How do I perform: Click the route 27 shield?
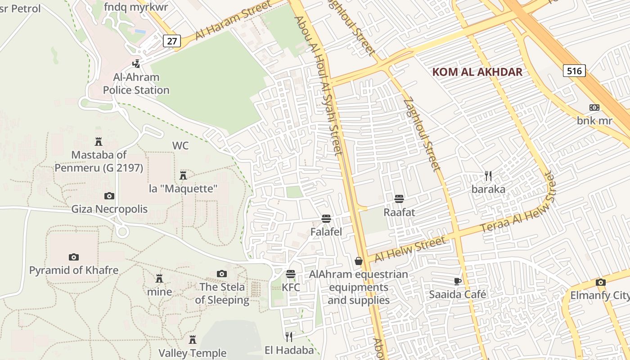(171, 41)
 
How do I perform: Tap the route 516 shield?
(574, 71)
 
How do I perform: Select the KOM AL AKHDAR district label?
(477, 72)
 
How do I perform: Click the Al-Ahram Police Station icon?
(136, 64)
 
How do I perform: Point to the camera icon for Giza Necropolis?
(109, 196)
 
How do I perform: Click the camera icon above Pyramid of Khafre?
(74, 257)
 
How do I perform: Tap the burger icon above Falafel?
(326, 219)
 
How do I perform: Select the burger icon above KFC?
(291, 274)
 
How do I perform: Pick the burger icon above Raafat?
(399, 198)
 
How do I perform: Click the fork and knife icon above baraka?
(488, 175)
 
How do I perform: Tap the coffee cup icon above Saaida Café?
(457, 281)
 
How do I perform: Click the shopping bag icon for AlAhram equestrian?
(359, 261)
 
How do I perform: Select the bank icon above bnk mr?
(594, 108)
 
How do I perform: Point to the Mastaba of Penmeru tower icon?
(99, 142)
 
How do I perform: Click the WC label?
(180, 146)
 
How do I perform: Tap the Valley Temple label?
(193, 353)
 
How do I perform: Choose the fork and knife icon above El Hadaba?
(289, 336)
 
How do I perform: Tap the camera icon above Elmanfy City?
(600, 282)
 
